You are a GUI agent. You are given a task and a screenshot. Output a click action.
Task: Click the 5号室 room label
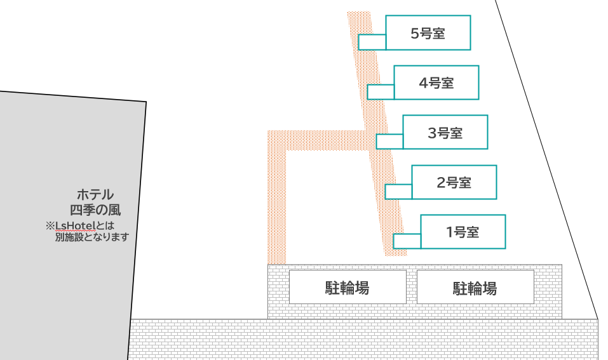(x=428, y=33)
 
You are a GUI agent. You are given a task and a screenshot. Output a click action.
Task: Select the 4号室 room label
(x=436, y=83)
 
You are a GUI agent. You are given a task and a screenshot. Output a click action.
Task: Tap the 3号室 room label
(x=445, y=133)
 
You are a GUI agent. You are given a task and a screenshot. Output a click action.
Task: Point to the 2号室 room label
(x=454, y=182)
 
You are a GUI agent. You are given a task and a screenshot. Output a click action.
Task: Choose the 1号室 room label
(x=463, y=232)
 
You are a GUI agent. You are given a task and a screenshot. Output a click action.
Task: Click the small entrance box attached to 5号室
(x=372, y=43)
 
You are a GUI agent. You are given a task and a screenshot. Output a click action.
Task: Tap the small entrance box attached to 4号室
(x=381, y=92)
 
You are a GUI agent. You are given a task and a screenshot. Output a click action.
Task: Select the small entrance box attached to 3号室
(x=389, y=142)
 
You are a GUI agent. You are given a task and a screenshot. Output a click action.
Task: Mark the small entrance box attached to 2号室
(x=398, y=192)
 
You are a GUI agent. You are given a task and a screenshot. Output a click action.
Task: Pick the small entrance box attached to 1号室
(x=407, y=241)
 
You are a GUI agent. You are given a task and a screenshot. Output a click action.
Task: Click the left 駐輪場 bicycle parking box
(x=348, y=287)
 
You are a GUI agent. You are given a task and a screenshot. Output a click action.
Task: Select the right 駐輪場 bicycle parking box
(x=475, y=287)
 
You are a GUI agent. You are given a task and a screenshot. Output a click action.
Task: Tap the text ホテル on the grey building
(x=95, y=194)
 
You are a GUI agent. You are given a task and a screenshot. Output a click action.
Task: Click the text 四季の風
(x=95, y=210)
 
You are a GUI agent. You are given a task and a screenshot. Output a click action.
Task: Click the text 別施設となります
(x=92, y=237)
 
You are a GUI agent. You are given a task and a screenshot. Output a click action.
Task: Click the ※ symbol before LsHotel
(x=50, y=225)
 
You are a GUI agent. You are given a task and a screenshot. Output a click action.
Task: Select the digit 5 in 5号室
(x=415, y=34)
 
